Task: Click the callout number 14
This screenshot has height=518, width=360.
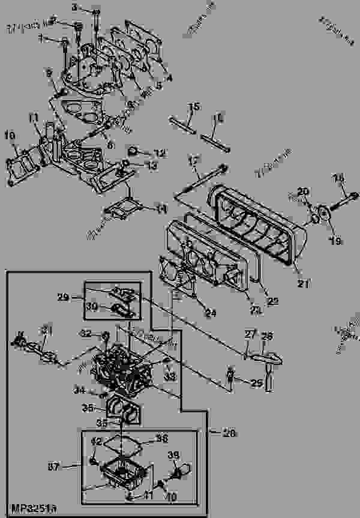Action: (160, 209)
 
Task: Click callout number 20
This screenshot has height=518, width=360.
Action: (304, 191)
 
